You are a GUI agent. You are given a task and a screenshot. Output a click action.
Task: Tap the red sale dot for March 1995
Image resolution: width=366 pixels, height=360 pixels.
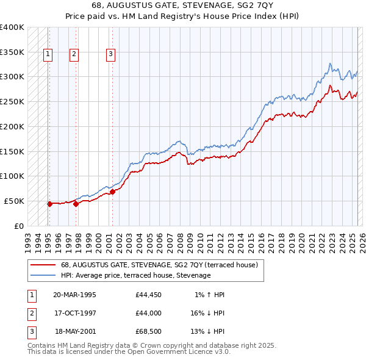tap(49, 204)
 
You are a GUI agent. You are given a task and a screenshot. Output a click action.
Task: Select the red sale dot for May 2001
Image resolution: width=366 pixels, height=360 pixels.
tap(112, 192)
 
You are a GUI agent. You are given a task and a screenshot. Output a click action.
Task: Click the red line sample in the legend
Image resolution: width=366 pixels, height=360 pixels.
tap(43, 265)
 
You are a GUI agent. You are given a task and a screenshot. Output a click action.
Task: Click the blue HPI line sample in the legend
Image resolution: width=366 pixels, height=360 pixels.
tap(43, 276)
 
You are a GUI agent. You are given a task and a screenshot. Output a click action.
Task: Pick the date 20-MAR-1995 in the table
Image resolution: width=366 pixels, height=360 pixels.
tap(75, 295)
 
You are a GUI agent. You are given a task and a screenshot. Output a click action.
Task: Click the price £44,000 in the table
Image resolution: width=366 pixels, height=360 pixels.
tap(149, 312)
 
